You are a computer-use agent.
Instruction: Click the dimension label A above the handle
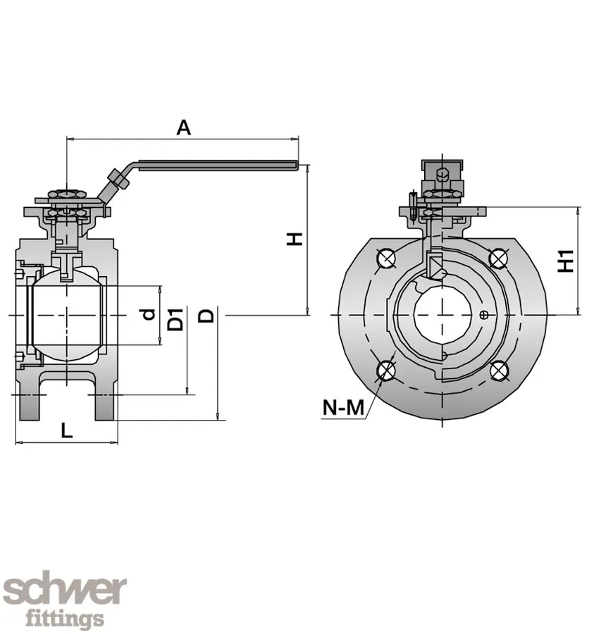point(183,128)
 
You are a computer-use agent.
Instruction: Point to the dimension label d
point(149,314)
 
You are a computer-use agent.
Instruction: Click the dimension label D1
point(177,319)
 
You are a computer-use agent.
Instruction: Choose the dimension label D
point(206,315)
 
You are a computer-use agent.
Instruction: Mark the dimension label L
point(66,430)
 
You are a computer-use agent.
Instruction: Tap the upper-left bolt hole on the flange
point(385,259)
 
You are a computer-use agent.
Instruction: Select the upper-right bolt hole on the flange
point(498,259)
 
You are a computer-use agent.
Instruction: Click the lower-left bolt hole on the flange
point(385,371)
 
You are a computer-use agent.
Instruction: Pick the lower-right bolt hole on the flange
point(498,371)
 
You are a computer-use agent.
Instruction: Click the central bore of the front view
point(442,314)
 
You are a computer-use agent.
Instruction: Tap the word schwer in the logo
point(65,590)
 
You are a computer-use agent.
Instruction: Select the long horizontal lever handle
point(218,166)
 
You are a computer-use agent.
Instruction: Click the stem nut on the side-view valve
point(66,194)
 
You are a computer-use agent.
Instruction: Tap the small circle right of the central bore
point(482,314)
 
